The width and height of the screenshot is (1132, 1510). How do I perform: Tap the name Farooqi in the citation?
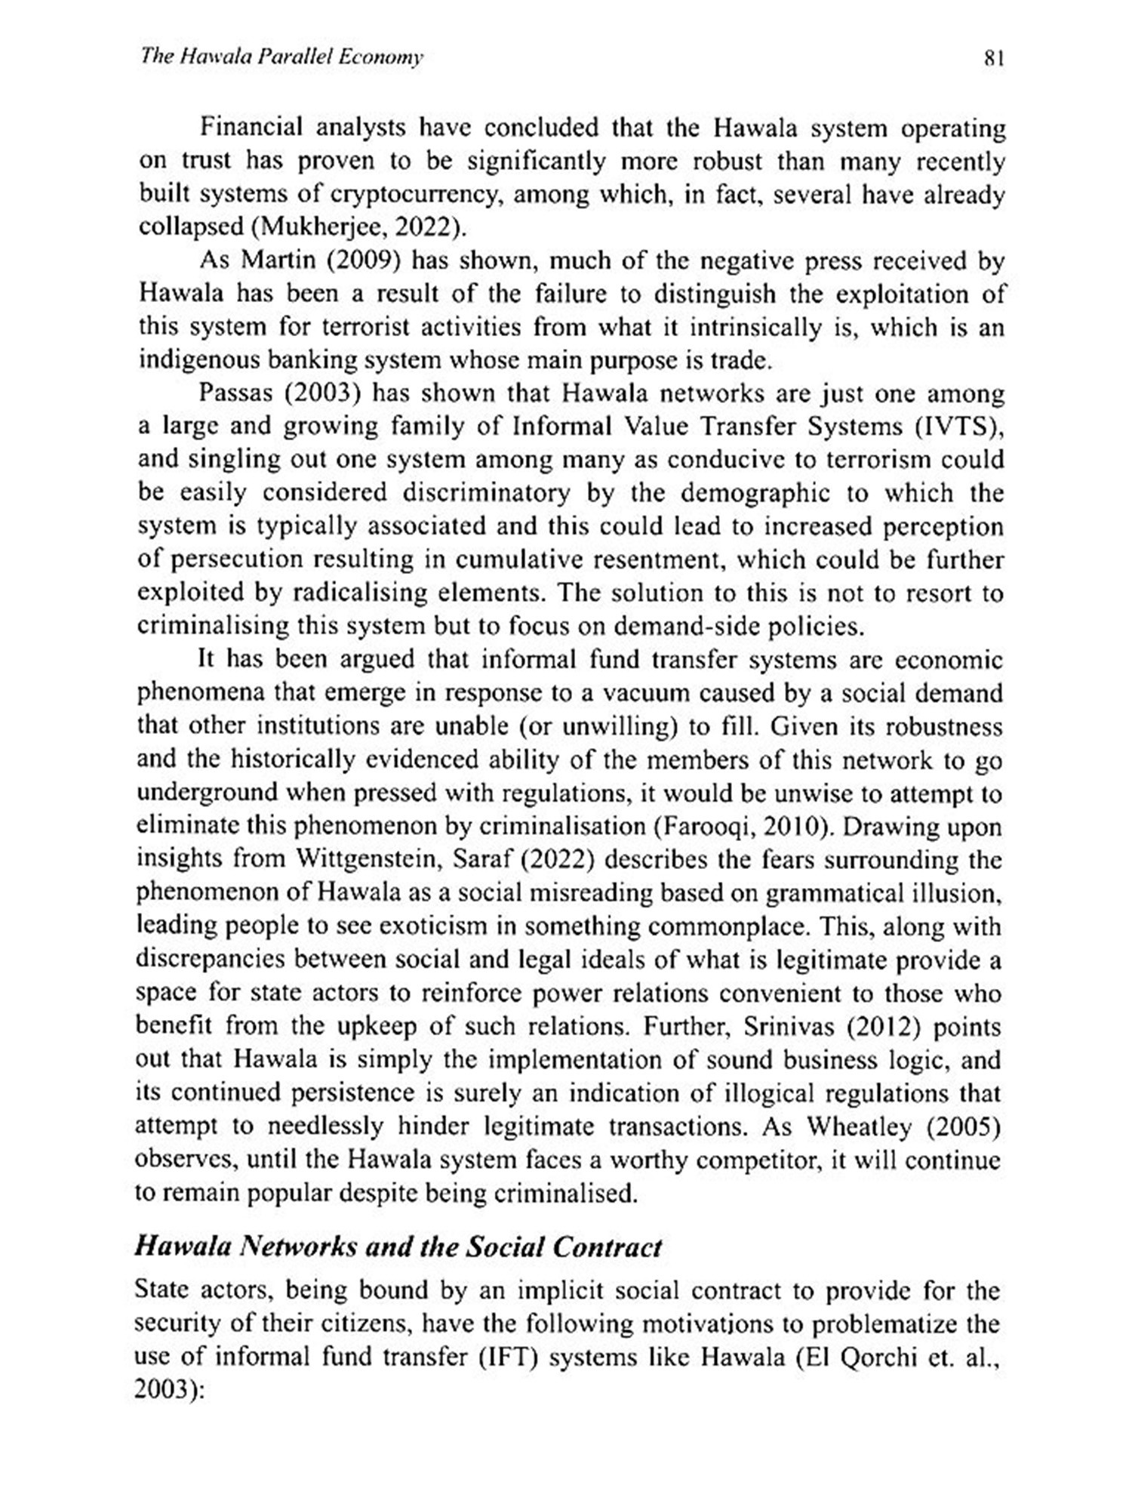click(708, 826)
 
